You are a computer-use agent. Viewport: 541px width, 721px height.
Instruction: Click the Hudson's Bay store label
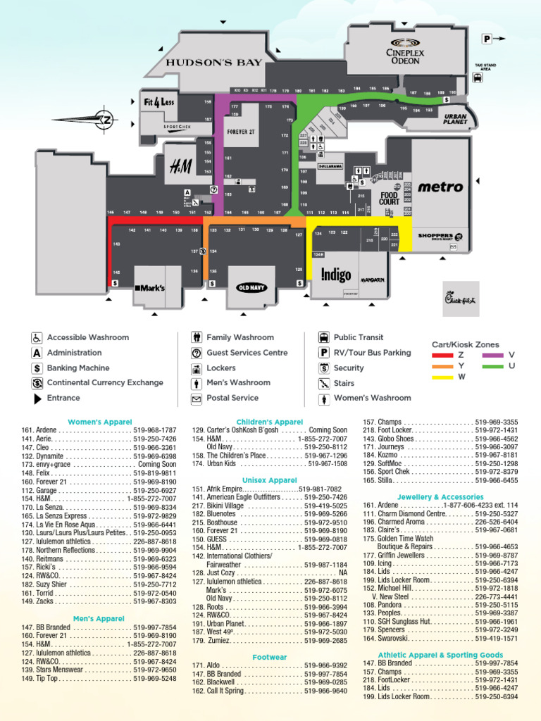[x=213, y=63]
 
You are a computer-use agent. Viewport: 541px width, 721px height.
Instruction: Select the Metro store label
[x=440, y=187]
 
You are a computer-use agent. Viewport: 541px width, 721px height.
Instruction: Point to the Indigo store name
[x=336, y=275]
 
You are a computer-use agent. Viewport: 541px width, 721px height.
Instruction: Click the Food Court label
[x=389, y=198]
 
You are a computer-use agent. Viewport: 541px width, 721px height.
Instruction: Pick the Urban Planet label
[x=455, y=118]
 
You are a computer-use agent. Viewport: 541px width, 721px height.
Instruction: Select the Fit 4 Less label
[x=158, y=101]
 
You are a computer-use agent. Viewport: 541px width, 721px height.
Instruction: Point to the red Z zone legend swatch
[x=442, y=356]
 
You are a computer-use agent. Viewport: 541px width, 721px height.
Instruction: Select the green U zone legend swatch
[x=493, y=366]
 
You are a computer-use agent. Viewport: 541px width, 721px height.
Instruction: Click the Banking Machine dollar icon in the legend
[x=37, y=368]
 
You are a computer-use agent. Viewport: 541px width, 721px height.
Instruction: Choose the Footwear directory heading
[x=270, y=657]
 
